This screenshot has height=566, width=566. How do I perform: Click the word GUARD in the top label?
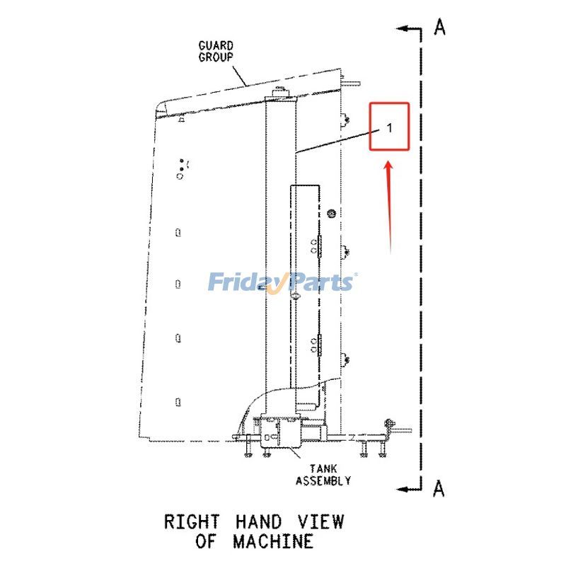[216, 46]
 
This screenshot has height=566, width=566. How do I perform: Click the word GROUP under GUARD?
[216, 57]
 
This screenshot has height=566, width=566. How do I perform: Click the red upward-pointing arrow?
[389, 205]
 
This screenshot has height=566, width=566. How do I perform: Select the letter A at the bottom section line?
[439, 487]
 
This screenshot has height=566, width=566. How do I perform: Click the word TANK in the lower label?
[323, 468]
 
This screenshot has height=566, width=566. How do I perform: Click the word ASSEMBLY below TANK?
[323, 480]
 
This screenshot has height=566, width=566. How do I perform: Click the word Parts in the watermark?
[322, 282]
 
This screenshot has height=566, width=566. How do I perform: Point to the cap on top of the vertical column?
[282, 92]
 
